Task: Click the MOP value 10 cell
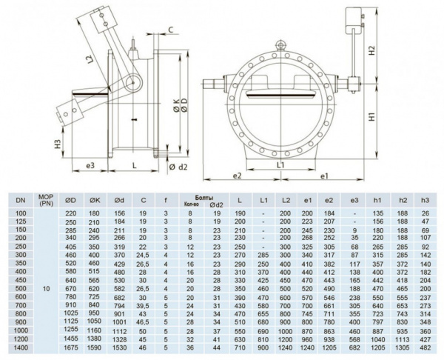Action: pyautogui.click(x=46, y=288)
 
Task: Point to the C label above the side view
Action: pyautogui.click(x=170, y=30)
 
